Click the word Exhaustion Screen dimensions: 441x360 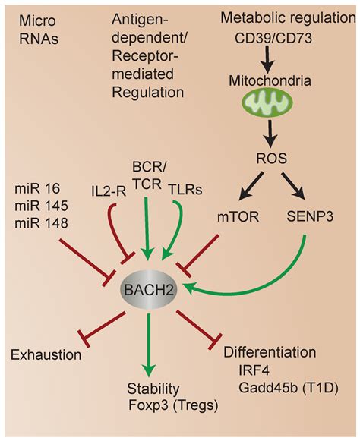(45, 354)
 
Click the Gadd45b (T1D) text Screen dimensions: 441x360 (284, 388)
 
